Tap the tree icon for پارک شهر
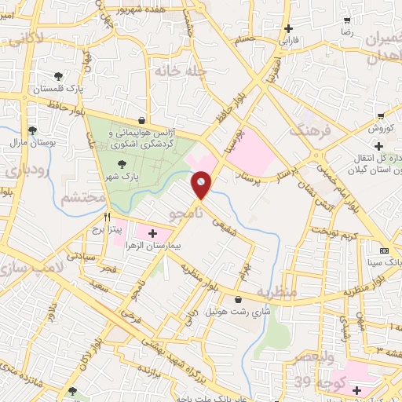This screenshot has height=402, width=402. pyautogui.click(x=122, y=164)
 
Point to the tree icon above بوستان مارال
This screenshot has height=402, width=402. pyautogui.click(x=32, y=130)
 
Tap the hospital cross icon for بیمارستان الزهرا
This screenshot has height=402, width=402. pyautogui.click(x=151, y=233)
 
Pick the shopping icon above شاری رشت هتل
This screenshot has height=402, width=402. pyautogui.click(x=238, y=298)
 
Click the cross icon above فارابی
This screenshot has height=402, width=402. pyautogui.click(x=289, y=28)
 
